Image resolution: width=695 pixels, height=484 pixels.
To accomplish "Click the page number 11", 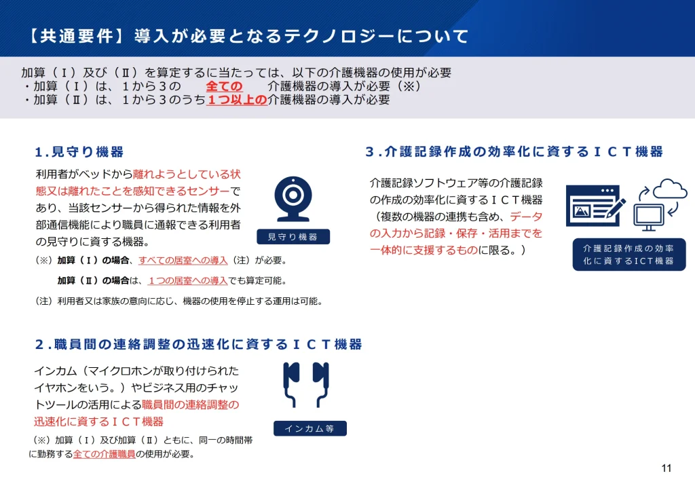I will (x=666, y=468).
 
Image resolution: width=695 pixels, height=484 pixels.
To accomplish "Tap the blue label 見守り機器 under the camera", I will (x=293, y=236).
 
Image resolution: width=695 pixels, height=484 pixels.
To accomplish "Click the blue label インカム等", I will (x=309, y=428).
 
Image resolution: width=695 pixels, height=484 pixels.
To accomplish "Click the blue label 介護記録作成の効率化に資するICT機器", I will (x=628, y=255).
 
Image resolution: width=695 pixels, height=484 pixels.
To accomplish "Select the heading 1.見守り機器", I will (x=79, y=151).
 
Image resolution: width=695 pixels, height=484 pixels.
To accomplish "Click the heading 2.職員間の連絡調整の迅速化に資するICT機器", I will (x=198, y=344).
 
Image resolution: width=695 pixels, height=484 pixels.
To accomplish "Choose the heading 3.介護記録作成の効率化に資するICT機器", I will (x=514, y=151).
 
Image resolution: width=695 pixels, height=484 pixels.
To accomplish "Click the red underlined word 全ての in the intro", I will (x=224, y=86).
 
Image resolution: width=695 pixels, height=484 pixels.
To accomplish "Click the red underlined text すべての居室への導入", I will (x=183, y=261).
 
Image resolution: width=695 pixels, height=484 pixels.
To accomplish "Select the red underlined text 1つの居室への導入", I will (x=187, y=280).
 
